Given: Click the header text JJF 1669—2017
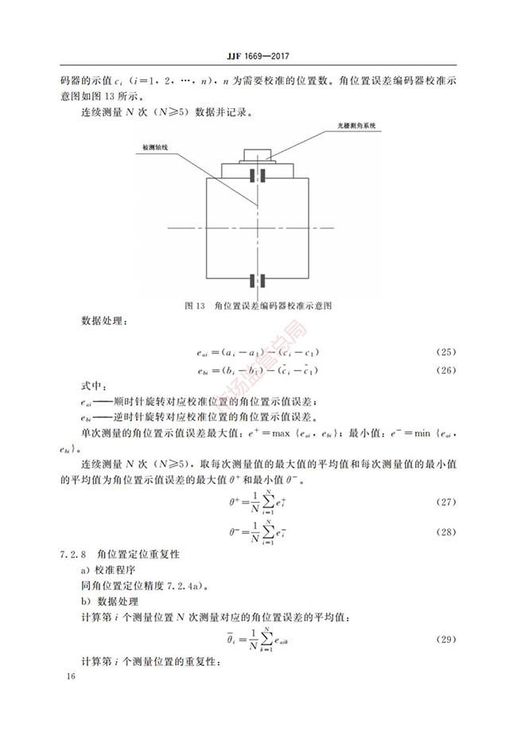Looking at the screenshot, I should coord(258,56).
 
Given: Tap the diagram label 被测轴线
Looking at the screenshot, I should coord(157,147).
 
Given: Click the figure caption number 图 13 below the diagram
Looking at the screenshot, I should coord(195,305).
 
